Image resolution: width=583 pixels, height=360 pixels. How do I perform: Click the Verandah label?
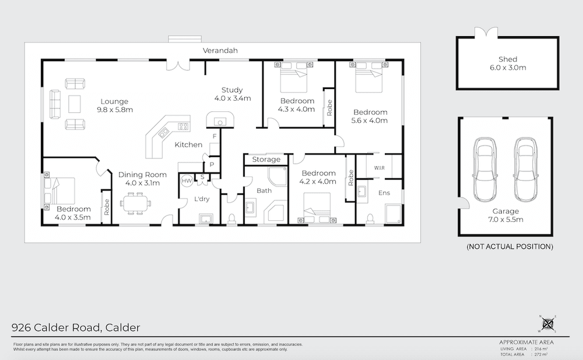pos(220,51)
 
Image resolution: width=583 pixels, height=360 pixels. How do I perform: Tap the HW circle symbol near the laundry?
pos(187,181)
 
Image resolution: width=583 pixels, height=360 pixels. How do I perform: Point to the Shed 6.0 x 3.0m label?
pos(508,63)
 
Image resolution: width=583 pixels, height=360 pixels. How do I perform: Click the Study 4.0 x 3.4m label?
pos(232,94)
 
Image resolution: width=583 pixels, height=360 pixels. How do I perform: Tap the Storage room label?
pos(266,159)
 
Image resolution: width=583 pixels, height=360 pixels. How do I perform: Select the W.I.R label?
pos(378,169)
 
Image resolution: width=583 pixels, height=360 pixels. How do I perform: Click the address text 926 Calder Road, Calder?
pos(76,327)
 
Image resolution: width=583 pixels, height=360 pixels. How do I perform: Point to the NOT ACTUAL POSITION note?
pos(510,247)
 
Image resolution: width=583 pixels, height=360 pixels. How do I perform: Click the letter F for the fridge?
pos(214,136)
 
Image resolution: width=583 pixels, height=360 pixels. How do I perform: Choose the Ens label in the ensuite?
pos(384,192)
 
